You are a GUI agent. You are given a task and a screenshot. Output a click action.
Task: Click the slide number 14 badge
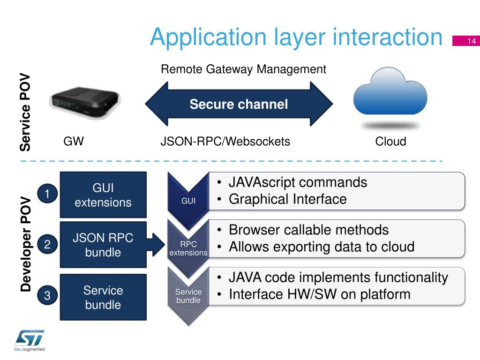(465, 41)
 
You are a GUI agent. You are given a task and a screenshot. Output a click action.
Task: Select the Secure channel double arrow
(239, 104)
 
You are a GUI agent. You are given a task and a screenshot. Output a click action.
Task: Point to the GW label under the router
(74, 142)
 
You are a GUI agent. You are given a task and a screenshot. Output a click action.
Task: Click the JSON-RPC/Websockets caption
(225, 142)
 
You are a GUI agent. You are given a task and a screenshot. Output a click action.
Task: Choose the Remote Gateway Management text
(243, 70)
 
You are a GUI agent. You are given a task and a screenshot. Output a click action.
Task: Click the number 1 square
(47, 194)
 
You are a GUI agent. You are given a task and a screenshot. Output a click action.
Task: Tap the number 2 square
(47, 244)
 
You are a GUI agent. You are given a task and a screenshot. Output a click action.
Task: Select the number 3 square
(47, 295)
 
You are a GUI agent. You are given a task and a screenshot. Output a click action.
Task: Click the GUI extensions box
(103, 195)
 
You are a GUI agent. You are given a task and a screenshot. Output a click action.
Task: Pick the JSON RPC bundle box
(103, 245)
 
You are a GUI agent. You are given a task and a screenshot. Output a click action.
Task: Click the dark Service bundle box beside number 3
(103, 297)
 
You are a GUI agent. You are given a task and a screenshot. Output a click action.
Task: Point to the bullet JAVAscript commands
(297, 182)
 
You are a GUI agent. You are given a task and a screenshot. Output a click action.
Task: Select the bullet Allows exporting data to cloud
(321, 247)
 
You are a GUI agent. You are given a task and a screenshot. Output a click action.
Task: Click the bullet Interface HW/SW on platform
(319, 295)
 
